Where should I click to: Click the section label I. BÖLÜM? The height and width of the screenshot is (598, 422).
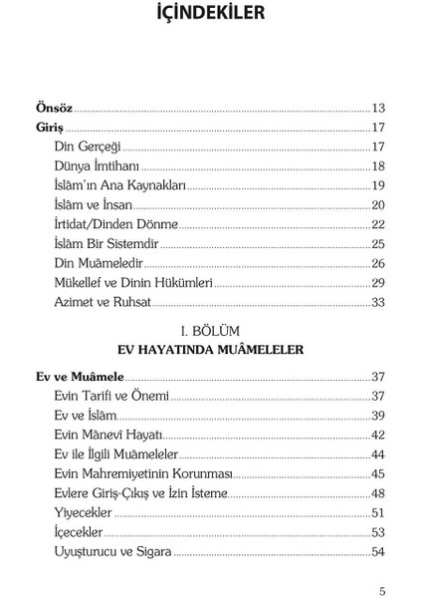click(x=210, y=330)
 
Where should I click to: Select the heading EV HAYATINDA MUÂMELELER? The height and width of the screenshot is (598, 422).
click(x=210, y=349)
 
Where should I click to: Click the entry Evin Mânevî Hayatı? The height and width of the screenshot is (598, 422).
click(x=108, y=436)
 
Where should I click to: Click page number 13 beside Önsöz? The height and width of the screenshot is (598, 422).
click(x=378, y=108)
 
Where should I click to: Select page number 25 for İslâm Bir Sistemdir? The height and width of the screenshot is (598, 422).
click(x=378, y=243)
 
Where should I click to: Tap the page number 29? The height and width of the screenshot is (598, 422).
click(x=378, y=282)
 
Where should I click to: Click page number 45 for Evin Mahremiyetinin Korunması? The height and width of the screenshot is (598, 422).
click(x=378, y=473)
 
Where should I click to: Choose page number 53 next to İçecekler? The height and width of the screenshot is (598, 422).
click(x=378, y=532)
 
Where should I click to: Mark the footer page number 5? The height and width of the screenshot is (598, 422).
click(x=382, y=588)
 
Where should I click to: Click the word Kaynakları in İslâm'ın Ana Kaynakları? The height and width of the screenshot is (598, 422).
click(x=156, y=185)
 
